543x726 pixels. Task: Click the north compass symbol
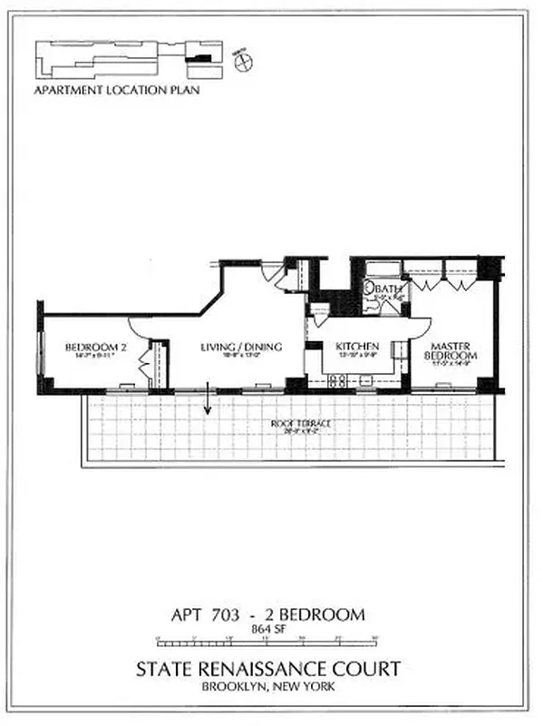243,62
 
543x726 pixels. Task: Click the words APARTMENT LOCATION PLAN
116,90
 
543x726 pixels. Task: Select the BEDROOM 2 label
90,347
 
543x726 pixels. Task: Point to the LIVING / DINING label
240,347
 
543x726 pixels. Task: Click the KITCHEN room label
357,347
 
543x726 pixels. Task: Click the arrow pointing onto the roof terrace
208,399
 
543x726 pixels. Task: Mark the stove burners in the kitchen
337,381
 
